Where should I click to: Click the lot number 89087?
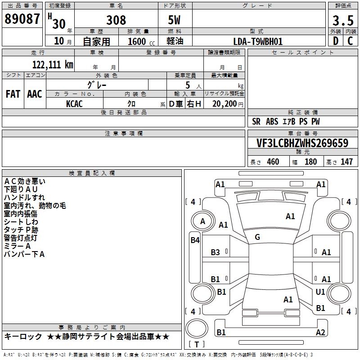(22, 19)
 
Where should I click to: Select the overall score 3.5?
(343, 20)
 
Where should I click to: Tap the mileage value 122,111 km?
(53, 65)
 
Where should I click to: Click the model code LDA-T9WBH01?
(258, 41)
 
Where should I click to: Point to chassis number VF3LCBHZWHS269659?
(302, 143)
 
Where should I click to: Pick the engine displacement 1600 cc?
(141, 41)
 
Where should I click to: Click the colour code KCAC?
(74, 104)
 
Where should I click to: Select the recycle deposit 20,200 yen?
(228, 104)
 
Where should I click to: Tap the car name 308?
(116, 20)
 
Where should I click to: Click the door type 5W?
(174, 20)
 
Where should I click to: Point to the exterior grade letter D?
(336, 41)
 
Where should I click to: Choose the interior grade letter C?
(350, 41)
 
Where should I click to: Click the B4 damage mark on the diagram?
(195, 240)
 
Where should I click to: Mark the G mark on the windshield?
(257, 237)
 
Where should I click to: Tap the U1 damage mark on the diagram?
(320, 292)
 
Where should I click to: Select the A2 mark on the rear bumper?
(320, 332)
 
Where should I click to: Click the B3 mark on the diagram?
(216, 252)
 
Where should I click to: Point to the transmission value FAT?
(13, 94)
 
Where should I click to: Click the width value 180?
(310, 162)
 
